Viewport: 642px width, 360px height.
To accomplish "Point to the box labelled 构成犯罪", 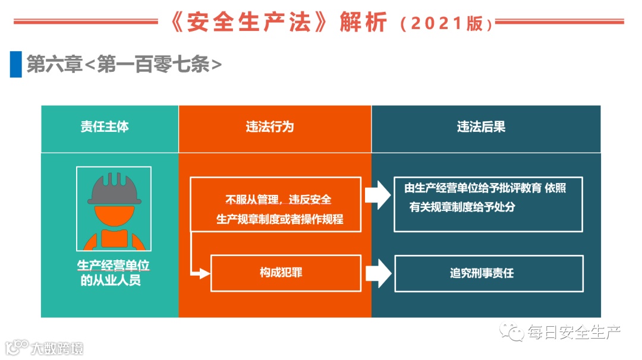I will coord(285,273).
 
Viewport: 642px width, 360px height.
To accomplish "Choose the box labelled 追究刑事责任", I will coord(489,273).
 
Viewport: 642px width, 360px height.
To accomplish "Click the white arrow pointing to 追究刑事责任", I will coord(378,273).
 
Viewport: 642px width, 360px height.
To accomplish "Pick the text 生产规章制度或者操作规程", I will coord(279,219).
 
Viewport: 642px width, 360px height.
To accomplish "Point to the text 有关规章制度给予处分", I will coord(462,207).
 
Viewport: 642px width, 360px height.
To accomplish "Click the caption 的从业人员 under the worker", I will coord(111,280).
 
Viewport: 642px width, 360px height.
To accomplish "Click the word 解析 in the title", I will coord(363,23).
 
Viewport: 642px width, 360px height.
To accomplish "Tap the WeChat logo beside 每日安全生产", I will coord(512,332).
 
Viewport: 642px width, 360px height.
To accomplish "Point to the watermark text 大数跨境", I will coord(57,348).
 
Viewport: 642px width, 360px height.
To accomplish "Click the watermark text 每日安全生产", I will coord(574,333).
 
